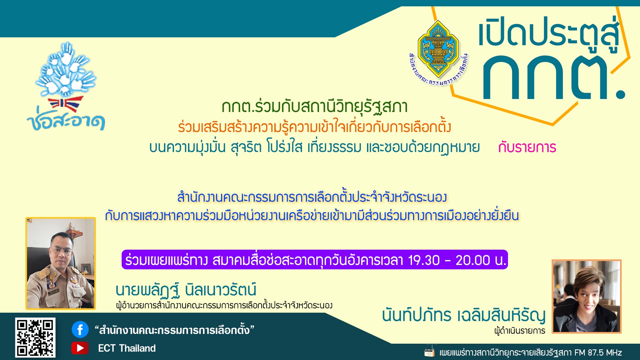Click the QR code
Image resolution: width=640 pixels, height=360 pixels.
pyautogui.click(x=35, y=338)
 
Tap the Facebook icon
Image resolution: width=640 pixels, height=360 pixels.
pyautogui.click(x=80, y=330)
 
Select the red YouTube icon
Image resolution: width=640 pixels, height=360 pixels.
pyautogui.click(x=80, y=348)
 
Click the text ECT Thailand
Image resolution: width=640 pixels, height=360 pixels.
pyautogui.click(x=127, y=348)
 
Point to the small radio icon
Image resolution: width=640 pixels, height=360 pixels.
pyautogui.click(x=429, y=352)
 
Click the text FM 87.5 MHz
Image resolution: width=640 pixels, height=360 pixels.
pyautogui.click(x=598, y=353)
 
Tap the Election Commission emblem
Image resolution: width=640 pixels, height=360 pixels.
pyautogui.click(x=438, y=50)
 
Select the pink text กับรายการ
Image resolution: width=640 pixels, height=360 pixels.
pyautogui.click(x=527, y=147)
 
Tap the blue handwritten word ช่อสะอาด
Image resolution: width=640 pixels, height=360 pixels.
pyautogui.click(x=66, y=122)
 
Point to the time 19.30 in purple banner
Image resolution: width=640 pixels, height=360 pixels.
pyautogui.click(x=424, y=260)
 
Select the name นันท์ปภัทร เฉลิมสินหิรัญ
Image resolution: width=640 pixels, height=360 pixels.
pyautogui.click(x=463, y=315)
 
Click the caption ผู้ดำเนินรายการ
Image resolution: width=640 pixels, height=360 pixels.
pyautogui.click(x=519, y=331)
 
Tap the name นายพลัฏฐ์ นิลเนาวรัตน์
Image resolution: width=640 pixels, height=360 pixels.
pyautogui.click(x=186, y=290)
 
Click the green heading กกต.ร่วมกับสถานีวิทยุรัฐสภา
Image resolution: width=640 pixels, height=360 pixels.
pyautogui.click(x=314, y=107)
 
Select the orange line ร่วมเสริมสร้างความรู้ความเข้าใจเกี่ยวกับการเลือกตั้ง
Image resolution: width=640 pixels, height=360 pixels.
pyautogui.click(x=314, y=127)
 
